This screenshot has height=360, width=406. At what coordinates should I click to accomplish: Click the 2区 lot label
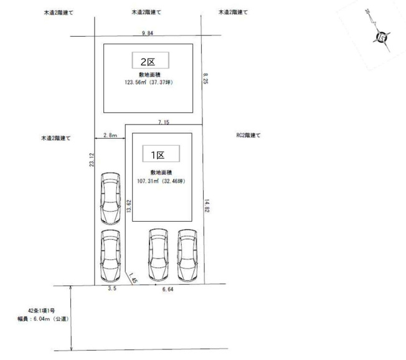(148, 62)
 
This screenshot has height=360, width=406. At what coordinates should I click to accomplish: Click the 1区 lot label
(158, 155)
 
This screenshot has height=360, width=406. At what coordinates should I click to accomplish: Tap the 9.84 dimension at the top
(148, 33)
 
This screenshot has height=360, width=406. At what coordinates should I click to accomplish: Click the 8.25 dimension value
(205, 78)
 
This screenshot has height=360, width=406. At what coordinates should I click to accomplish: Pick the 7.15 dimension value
(164, 122)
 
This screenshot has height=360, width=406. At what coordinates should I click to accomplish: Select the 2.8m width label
(110, 135)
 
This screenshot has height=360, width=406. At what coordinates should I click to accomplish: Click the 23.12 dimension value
(92, 159)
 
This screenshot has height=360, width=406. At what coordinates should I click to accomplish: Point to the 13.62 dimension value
(129, 206)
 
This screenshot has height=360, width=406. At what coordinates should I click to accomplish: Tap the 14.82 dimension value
(207, 206)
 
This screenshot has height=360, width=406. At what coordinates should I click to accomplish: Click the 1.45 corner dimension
(133, 278)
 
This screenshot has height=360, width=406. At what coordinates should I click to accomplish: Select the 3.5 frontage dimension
(112, 288)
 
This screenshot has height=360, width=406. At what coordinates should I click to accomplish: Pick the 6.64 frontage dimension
(168, 289)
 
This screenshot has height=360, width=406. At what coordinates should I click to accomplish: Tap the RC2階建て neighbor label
(248, 135)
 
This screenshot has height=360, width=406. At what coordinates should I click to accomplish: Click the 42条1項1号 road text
(42, 311)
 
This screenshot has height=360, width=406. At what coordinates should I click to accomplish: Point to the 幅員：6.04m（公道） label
(43, 319)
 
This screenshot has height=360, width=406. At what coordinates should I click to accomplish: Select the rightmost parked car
(187, 255)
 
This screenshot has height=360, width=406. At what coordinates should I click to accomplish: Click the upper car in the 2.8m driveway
(110, 199)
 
